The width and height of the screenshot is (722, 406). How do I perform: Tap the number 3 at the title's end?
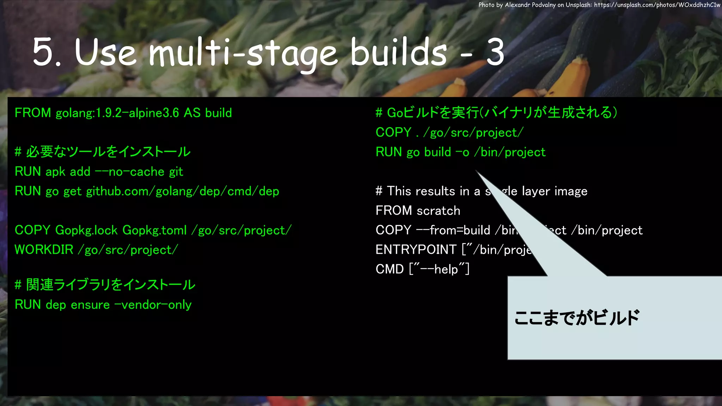495,53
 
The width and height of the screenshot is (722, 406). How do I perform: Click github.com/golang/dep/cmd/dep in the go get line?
183,191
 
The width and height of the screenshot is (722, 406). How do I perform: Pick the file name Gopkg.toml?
154,230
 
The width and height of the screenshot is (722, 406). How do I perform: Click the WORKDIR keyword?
44,250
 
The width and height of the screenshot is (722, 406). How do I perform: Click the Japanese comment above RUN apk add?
103,152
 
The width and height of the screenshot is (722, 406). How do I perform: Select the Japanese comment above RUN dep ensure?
105,285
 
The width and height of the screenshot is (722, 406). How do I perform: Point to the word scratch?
438,211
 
